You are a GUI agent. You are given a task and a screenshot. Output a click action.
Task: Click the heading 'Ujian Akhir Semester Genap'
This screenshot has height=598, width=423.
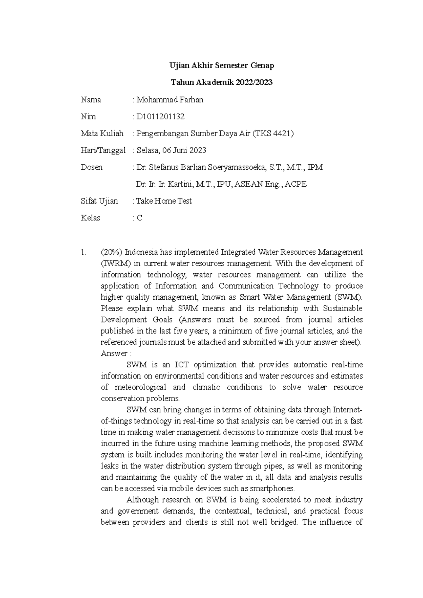(222, 66)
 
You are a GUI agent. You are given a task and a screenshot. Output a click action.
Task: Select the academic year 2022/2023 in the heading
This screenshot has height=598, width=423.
(254, 82)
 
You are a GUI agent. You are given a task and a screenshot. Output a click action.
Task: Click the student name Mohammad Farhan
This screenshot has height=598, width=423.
(170, 100)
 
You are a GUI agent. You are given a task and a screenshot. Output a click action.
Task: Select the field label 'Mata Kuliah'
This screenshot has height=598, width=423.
(102, 133)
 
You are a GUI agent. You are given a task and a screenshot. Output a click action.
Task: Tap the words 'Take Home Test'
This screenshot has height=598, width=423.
(164, 201)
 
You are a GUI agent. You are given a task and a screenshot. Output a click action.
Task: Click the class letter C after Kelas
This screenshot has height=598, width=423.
(140, 218)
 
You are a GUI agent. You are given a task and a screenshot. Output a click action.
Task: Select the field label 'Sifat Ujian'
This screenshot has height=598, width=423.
(99, 201)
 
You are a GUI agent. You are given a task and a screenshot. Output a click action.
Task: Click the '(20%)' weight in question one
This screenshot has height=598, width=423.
(111, 252)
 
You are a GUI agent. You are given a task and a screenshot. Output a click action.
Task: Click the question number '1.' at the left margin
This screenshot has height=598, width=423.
(83, 252)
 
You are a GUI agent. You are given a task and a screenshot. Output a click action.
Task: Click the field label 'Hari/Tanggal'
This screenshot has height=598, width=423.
(103, 150)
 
